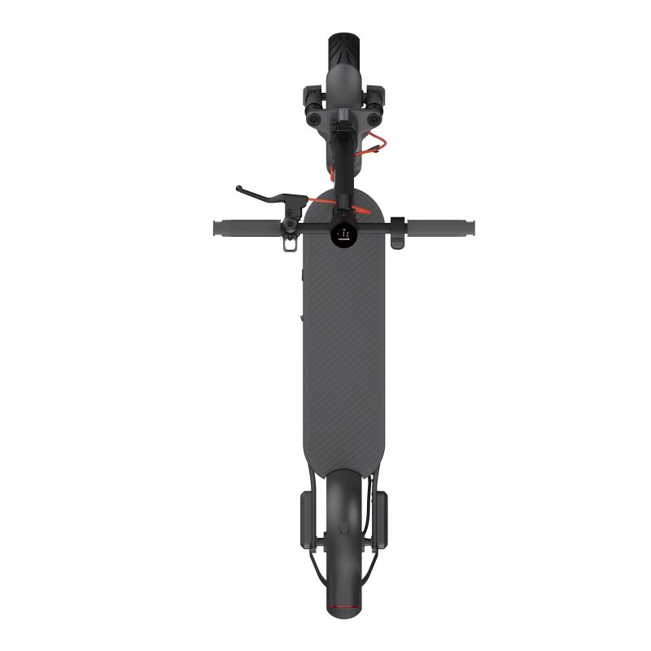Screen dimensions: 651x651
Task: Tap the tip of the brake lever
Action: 239,189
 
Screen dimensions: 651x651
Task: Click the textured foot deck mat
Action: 342,350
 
